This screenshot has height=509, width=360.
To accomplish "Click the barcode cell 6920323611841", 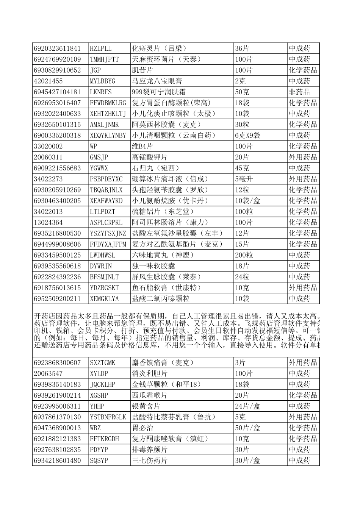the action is click(x=57, y=48).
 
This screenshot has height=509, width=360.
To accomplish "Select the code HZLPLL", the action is click(x=101, y=48).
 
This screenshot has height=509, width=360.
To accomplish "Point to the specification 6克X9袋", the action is click(x=247, y=136).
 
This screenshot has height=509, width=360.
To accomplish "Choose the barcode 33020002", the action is click(x=48, y=147).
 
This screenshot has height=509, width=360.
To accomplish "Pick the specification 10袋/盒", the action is click(x=247, y=201).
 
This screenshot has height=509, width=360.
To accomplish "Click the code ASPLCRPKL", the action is click(x=106, y=223).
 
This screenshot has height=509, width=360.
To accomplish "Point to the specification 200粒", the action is click(x=244, y=255).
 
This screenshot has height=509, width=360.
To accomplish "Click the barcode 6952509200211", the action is click(x=57, y=299).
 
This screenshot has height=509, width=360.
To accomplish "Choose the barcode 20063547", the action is click(x=48, y=374).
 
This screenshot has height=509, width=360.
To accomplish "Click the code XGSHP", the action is click(x=99, y=395).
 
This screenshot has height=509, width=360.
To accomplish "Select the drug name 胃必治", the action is click(x=142, y=428).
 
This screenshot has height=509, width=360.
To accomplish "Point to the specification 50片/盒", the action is click(x=247, y=428).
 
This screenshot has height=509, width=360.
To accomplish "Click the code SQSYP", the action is click(x=99, y=461).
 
